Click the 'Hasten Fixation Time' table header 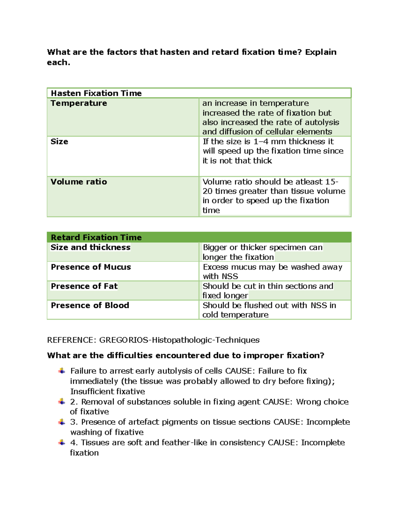(96, 93)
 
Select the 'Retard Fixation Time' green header (96, 237)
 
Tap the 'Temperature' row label (79, 103)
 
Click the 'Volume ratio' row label (79, 182)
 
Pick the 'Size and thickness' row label (90, 247)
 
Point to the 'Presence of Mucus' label (91, 267)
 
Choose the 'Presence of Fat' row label (84, 286)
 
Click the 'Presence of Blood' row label (90, 305)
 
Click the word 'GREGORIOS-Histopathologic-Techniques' (179, 340)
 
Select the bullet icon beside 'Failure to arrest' (62, 371)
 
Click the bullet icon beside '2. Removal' (62, 402)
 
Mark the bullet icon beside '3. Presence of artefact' (62, 422)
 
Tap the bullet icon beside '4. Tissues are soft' (62, 443)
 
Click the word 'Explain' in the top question (321, 52)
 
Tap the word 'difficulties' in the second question (130, 355)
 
